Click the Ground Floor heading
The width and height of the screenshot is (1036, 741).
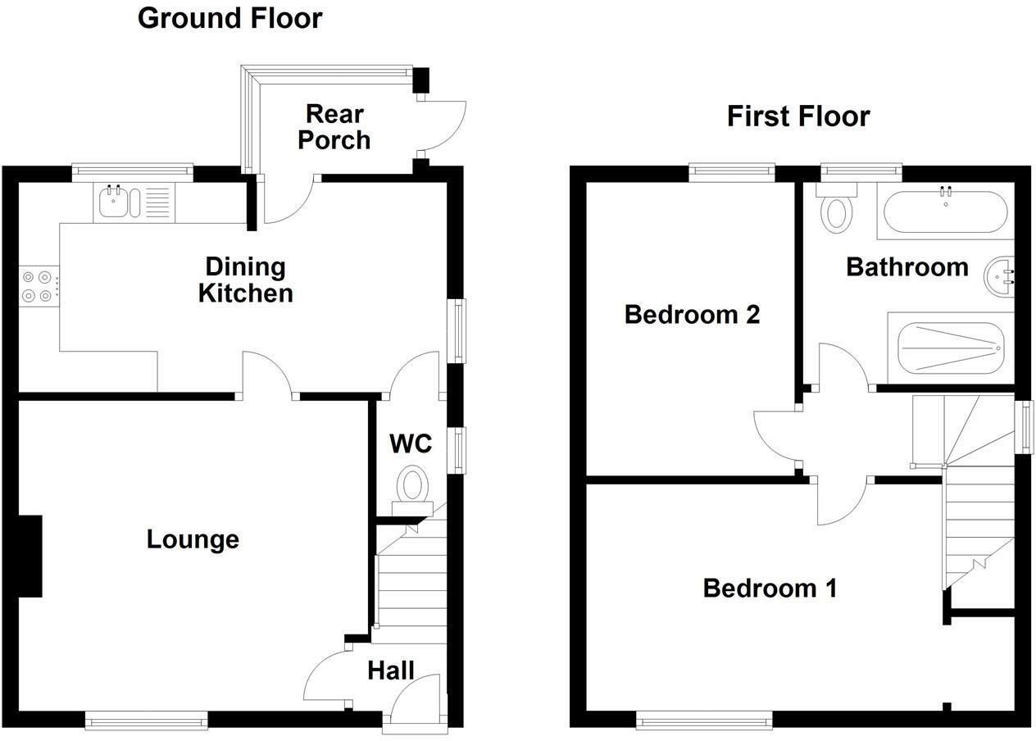(x=229, y=19)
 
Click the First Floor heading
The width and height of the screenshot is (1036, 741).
(x=798, y=116)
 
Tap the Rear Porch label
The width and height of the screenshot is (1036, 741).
(x=334, y=127)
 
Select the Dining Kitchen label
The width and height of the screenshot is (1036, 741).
(x=246, y=280)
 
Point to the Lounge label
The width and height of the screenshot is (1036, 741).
(x=193, y=539)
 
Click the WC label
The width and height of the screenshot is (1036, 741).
(x=411, y=443)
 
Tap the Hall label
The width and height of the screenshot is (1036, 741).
(x=391, y=671)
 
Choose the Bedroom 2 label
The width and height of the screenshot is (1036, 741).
(x=692, y=315)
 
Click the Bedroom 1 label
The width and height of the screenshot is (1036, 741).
(x=770, y=589)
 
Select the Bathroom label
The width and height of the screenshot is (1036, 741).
(x=907, y=267)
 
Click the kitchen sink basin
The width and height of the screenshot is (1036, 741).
(x=113, y=202)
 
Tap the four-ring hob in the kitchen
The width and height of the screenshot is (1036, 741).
(x=39, y=286)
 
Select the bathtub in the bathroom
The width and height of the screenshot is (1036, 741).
(x=945, y=211)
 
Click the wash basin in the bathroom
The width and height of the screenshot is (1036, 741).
(x=999, y=276)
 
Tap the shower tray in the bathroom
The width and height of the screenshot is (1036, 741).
(x=951, y=348)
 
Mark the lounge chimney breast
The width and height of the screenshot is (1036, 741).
(x=30, y=556)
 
